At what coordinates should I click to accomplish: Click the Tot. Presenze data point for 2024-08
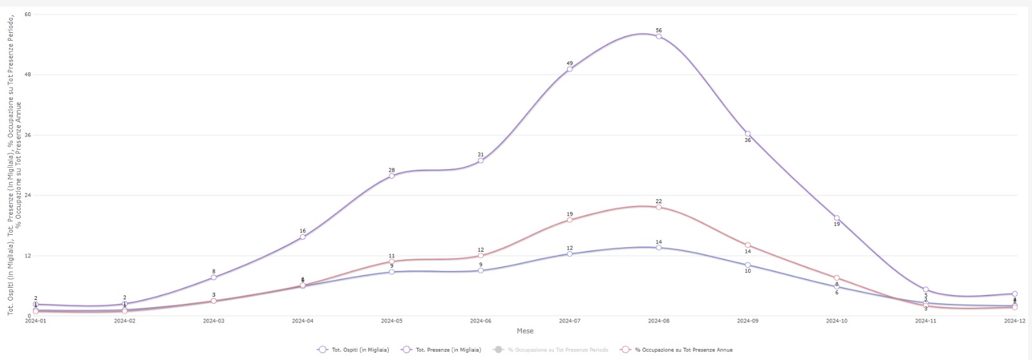659,36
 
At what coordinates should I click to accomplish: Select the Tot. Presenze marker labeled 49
570,69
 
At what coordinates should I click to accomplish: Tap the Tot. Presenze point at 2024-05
392,175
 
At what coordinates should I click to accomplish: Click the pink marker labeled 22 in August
659,207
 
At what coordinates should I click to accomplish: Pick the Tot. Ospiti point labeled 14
659,247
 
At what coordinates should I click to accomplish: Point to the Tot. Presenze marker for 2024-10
837,218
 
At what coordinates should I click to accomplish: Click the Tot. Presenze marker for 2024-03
213,277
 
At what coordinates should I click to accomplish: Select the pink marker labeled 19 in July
570,220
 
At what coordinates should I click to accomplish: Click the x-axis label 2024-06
481,321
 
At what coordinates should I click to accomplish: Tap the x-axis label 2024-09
748,321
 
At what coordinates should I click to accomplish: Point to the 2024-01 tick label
36,321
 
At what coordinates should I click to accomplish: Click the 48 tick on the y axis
28,75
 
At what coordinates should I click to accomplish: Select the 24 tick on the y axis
28,195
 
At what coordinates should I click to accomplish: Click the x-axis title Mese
525,331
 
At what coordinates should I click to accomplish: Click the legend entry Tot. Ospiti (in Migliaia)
354,350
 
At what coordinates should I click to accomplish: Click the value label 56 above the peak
659,30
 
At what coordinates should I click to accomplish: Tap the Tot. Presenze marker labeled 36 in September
748,134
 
